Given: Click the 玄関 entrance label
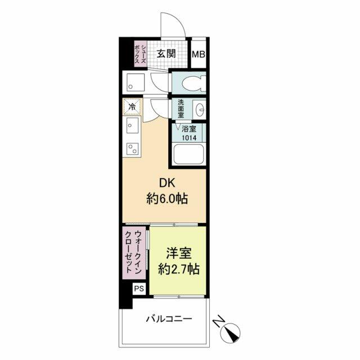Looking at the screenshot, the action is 166,54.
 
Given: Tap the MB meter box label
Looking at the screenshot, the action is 199,55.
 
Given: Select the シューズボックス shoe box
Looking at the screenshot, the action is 141,54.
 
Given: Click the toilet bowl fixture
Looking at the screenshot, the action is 194,82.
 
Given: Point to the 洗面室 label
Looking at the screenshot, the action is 181,109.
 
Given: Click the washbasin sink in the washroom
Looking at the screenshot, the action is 199,110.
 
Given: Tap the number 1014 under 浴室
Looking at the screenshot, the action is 189,138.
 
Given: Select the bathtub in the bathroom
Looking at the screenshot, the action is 188,154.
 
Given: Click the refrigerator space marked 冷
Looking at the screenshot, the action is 132,106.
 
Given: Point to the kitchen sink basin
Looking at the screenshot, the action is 132,125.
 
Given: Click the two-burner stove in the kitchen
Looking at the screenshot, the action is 133,148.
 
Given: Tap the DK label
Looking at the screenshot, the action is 167,183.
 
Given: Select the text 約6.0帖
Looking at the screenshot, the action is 167,199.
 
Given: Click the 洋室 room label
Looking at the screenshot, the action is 179,253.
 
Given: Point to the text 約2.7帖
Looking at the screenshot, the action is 179,269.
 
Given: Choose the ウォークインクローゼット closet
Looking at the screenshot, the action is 134,253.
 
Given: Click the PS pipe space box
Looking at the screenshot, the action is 139,289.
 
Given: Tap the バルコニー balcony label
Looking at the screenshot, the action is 169,319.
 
